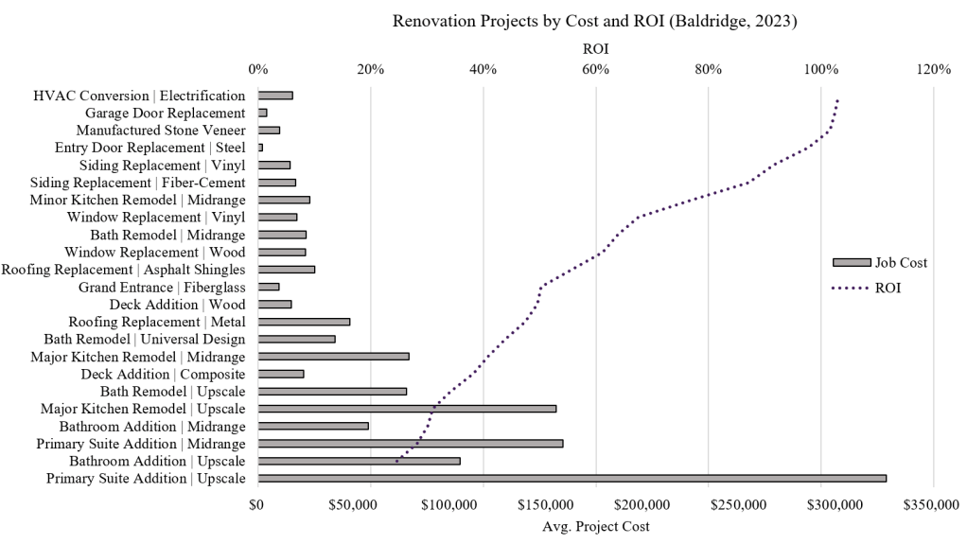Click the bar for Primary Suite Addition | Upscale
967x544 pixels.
click(571, 479)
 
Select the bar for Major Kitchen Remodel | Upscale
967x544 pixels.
click(407, 409)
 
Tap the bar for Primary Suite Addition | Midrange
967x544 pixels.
click(410, 444)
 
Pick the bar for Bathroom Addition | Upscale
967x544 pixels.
click(359, 461)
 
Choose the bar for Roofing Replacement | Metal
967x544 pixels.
click(304, 322)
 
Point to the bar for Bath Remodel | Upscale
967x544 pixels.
click(332, 391)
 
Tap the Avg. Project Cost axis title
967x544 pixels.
click(595, 526)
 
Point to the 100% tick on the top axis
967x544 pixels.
click(820, 69)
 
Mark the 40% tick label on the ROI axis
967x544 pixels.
click(483, 69)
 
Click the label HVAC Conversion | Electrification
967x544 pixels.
click(139, 96)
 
